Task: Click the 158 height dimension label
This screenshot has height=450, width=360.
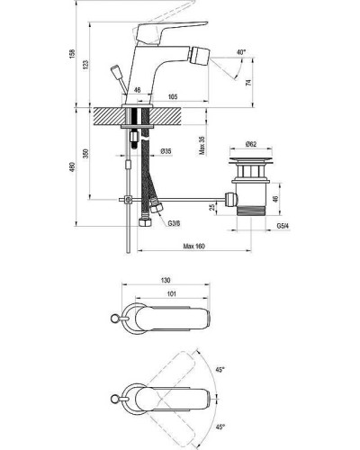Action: click(72, 53)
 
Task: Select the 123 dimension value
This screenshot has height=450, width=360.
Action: click(85, 65)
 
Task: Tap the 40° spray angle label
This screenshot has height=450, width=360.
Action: click(241, 52)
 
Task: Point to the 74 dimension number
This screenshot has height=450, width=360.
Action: click(248, 82)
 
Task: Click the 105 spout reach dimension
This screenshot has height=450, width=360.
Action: click(173, 96)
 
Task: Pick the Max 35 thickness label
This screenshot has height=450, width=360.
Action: click(202, 146)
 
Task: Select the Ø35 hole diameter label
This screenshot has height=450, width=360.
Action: click(166, 151)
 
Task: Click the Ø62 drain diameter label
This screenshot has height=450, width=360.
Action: click(251, 144)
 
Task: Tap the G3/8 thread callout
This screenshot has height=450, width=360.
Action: click(174, 223)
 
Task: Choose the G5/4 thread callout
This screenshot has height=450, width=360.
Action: click(283, 226)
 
